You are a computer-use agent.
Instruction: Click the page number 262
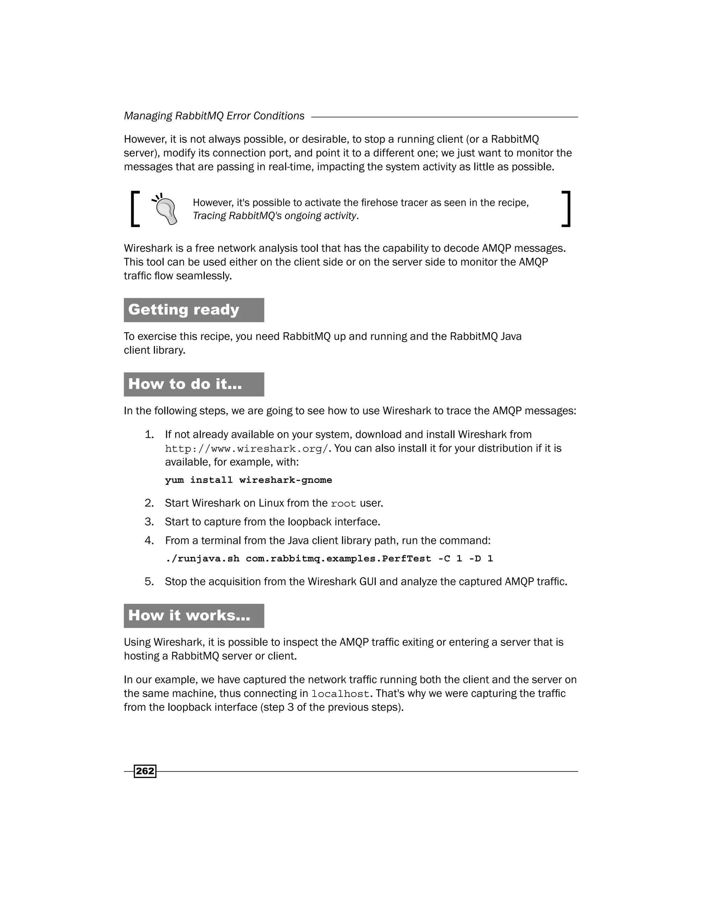(x=145, y=771)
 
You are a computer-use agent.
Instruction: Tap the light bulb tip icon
(x=166, y=209)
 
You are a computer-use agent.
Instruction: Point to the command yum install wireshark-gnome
(x=248, y=480)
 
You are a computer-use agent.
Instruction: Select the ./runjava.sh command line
(x=328, y=558)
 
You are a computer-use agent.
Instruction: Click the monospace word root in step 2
(x=343, y=504)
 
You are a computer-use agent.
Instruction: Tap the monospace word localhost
(x=340, y=694)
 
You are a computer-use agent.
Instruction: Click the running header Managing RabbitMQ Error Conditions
(x=214, y=116)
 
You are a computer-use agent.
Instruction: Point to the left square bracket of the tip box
(x=135, y=209)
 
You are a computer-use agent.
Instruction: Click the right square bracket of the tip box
(x=566, y=209)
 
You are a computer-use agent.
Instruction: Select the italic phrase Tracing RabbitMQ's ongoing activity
(x=275, y=216)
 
